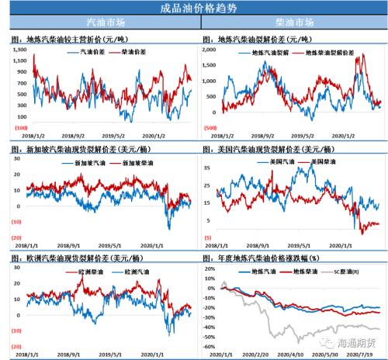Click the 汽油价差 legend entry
(95, 52)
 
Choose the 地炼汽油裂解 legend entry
(272, 53)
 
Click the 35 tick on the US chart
(215, 167)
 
